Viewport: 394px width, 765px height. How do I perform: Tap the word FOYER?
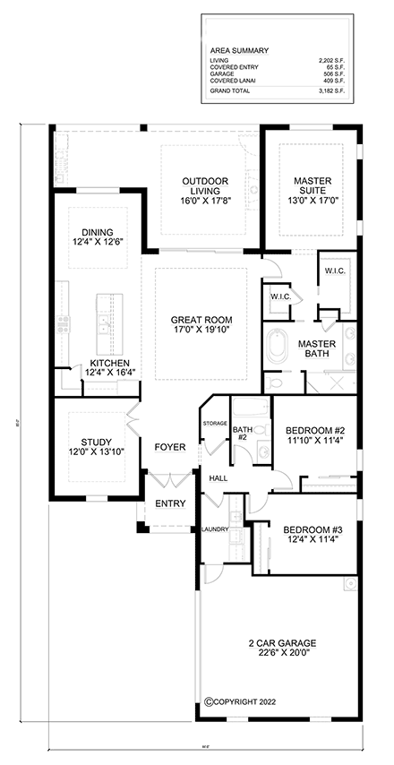coord(170,446)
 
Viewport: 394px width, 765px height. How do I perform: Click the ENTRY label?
coord(170,504)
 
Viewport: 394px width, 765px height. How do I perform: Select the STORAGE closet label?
coord(214,423)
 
